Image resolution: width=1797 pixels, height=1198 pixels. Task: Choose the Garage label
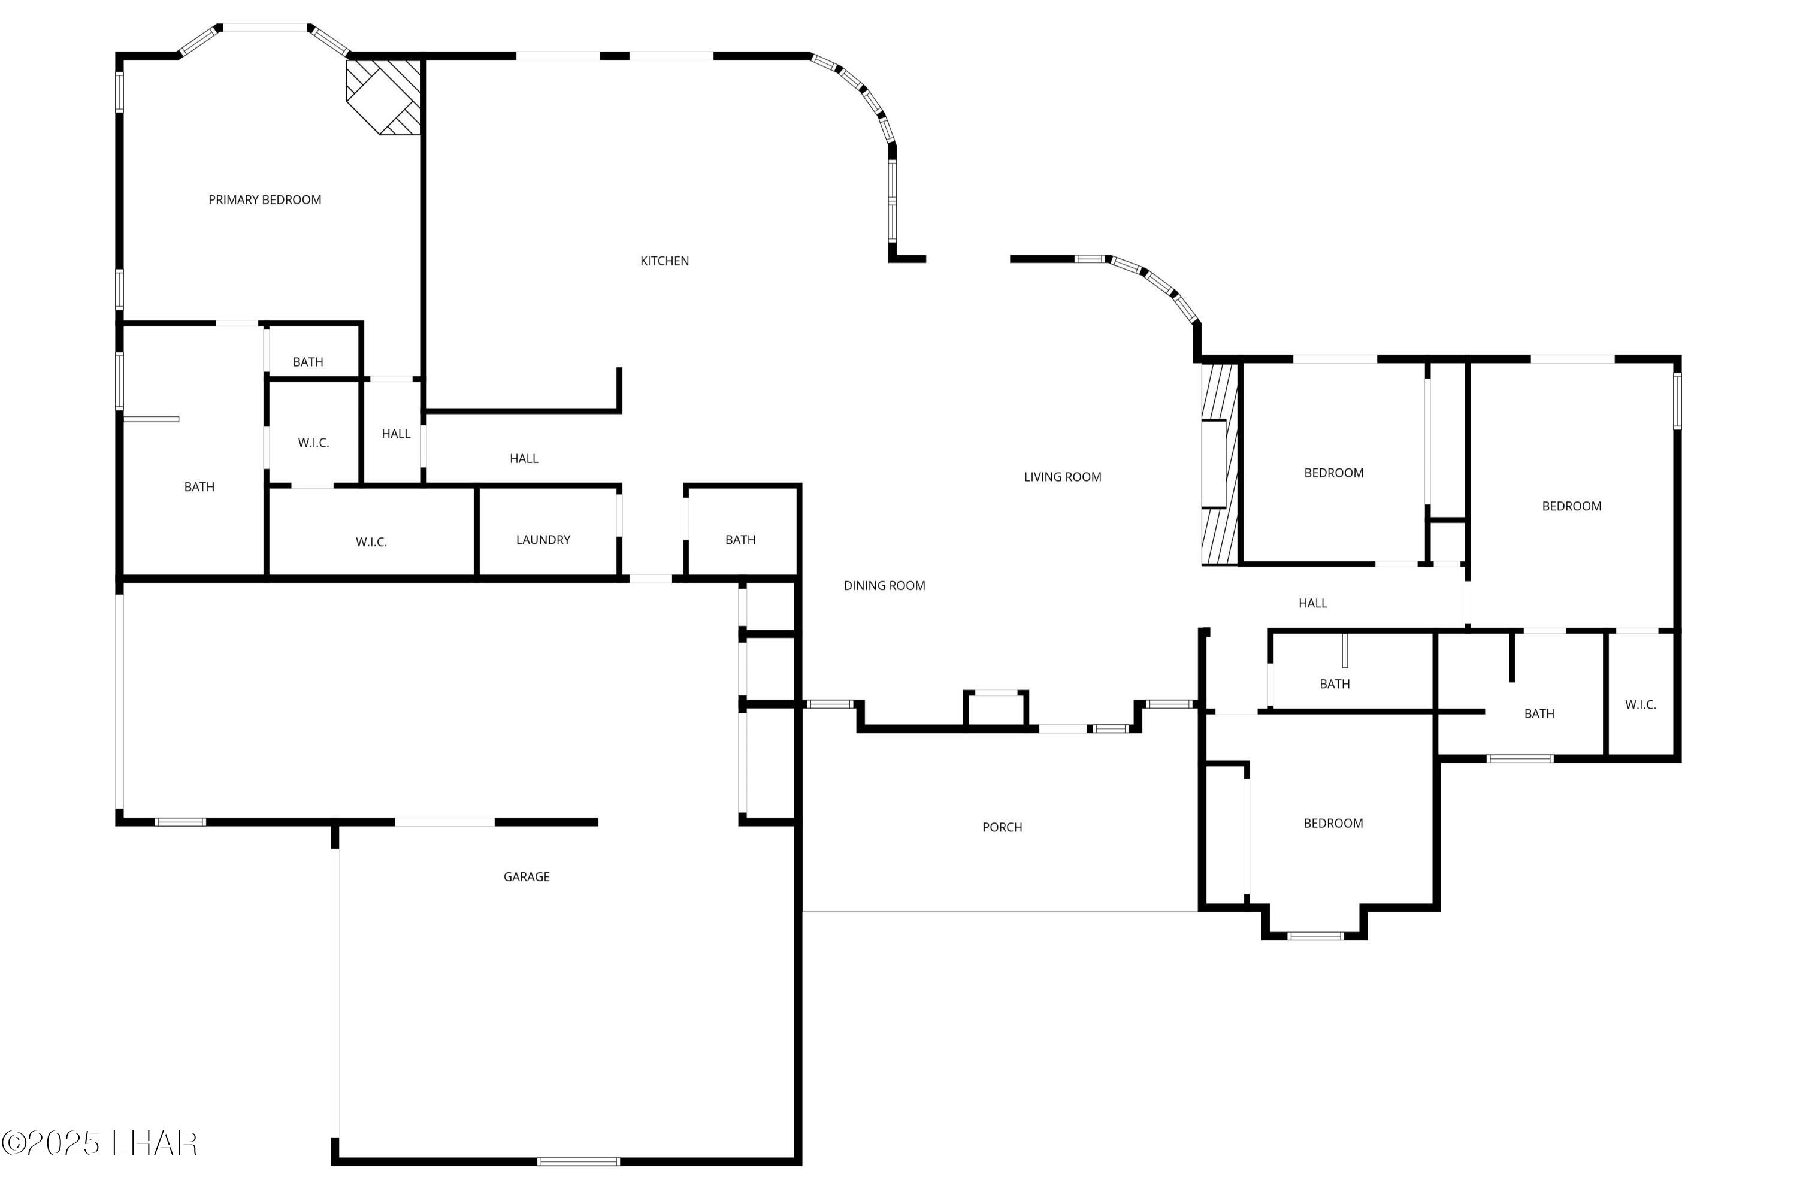[x=527, y=877]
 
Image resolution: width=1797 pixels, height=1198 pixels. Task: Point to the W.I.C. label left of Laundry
[x=371, y=543]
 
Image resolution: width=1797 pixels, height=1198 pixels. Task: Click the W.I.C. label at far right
[x=1641, y=705]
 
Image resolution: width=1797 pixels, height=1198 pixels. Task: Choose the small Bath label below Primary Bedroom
[x=308, y=362]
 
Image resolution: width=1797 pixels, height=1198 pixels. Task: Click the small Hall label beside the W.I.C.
[x=396, y=434]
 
